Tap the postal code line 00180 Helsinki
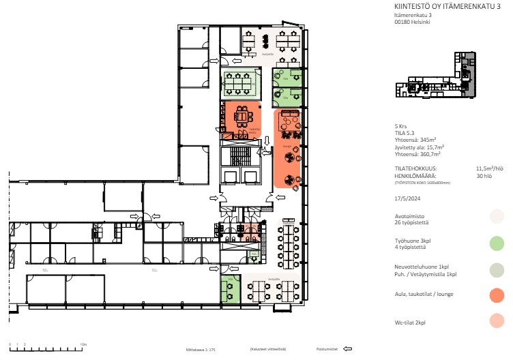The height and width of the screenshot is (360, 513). point(411,21)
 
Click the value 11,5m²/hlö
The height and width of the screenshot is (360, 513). point(489,168)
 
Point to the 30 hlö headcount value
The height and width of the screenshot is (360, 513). point(484,175)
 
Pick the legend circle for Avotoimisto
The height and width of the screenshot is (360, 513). point(497,217)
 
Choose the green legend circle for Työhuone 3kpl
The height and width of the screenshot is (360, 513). point(497,242)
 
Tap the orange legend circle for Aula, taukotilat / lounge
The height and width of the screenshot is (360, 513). point(497,295)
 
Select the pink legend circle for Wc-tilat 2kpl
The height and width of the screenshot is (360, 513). point(497,321)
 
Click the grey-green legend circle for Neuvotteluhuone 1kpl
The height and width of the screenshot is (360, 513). point(497,269)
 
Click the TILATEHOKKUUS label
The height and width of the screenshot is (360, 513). point(415,168)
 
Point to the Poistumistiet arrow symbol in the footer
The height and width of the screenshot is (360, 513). point(347,348)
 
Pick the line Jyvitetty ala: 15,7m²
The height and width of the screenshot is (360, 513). point(419,147)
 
